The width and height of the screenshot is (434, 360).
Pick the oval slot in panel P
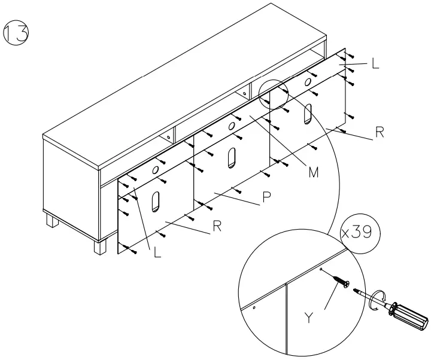click(x=232, y=157)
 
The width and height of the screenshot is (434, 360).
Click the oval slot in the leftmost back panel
click(x=156, y=201)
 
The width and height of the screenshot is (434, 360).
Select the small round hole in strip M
click(x=230, y=127)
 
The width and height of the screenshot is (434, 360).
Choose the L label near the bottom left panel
click(x=157, y=253)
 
